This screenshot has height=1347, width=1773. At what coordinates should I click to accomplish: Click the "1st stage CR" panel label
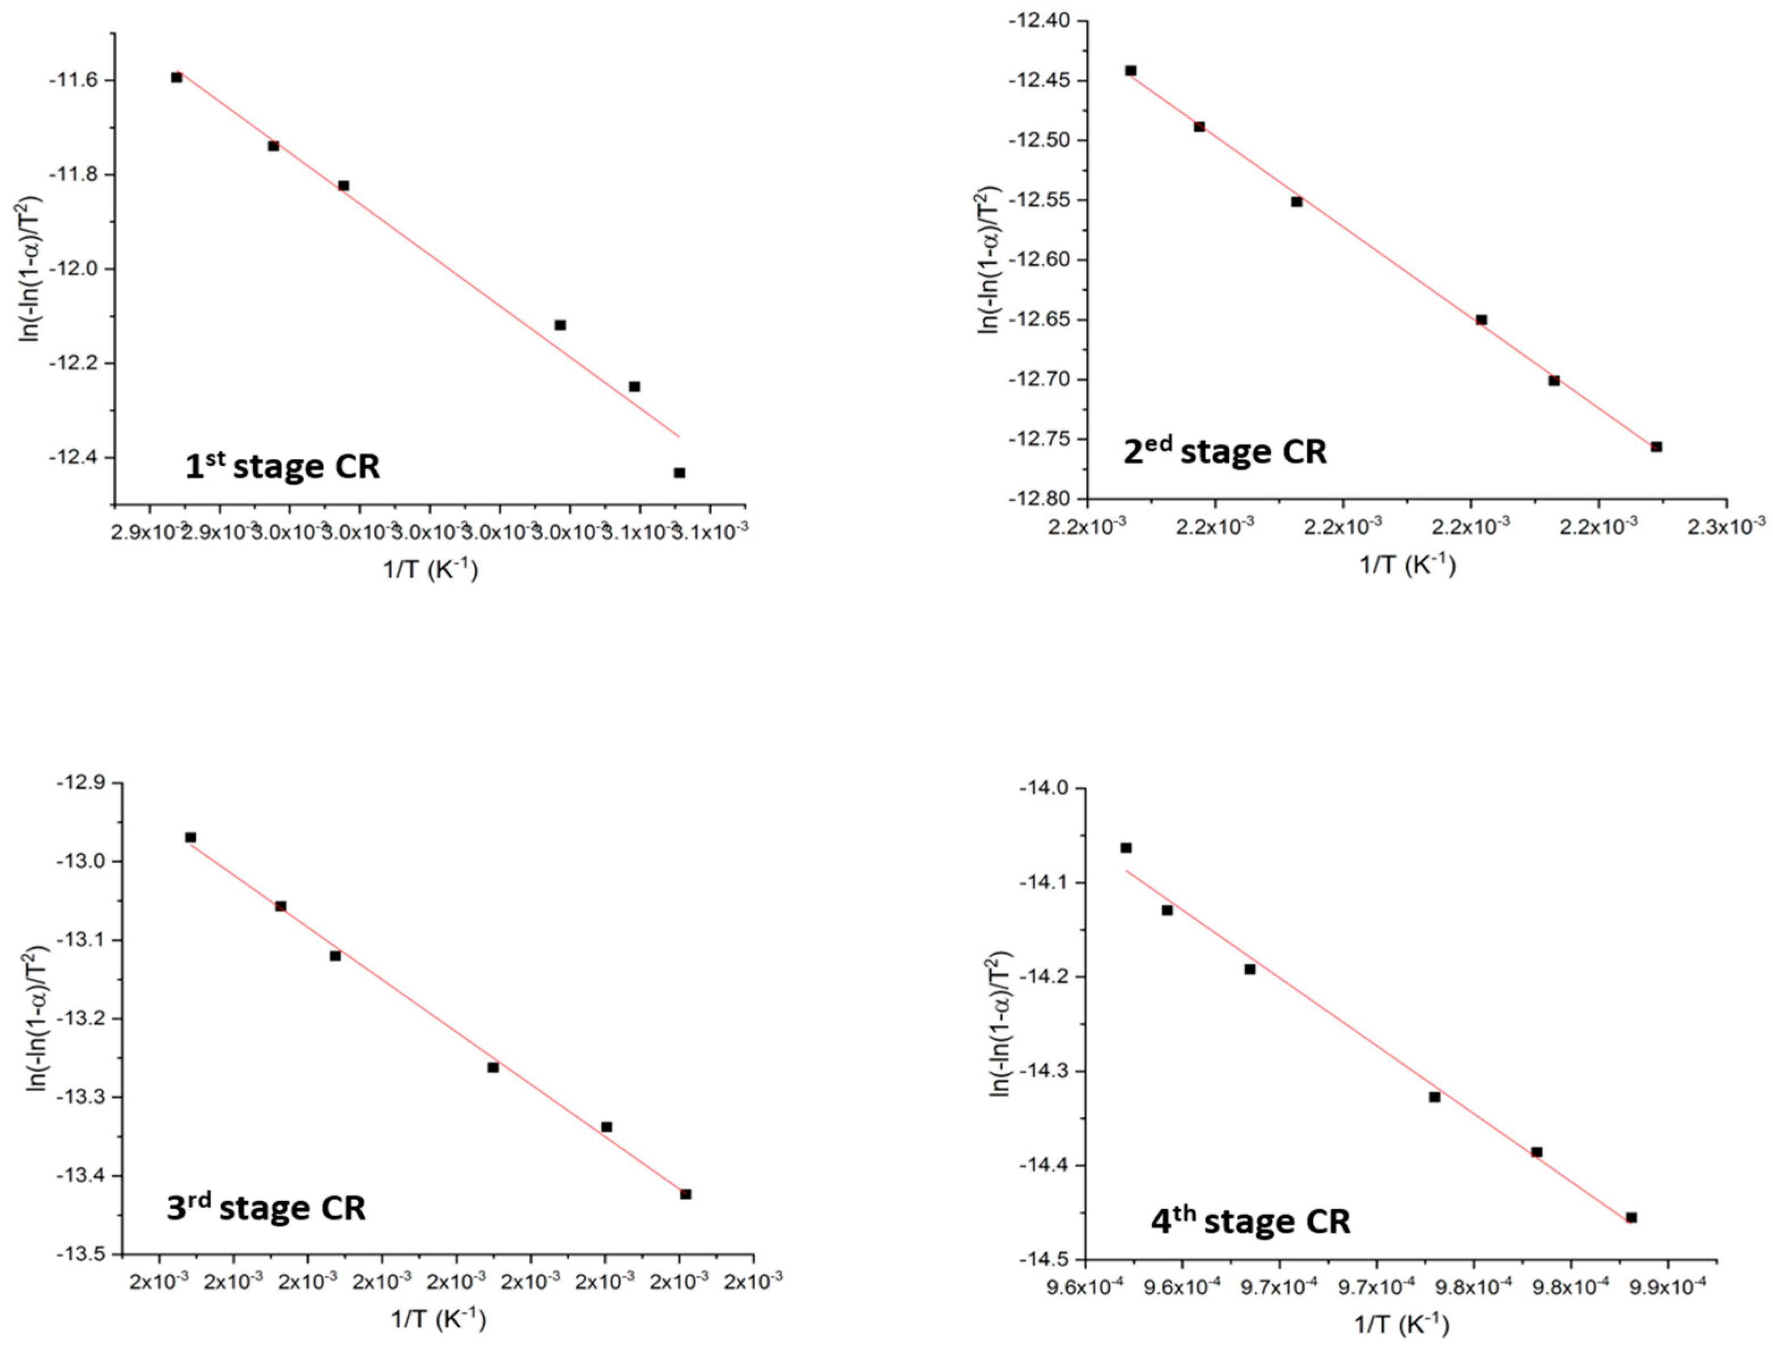[x=282, y=467]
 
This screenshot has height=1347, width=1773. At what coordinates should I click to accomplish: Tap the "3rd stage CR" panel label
[x=265, y=1207]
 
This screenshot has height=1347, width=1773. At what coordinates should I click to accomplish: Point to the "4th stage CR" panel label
[x=1250, y=1221]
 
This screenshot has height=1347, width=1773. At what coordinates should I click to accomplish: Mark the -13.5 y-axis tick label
[x=79, y=1255]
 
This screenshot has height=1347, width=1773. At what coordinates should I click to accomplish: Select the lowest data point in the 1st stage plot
[x=679, y=472]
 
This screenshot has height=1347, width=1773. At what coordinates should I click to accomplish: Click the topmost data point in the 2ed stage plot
[x=1130, y=70]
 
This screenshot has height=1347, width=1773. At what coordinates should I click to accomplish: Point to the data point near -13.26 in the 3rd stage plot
[x=493, y=1067]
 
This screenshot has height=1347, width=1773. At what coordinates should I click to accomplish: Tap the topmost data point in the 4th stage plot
[x=1125, y=847]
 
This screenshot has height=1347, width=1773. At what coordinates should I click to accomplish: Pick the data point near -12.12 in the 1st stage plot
[x=560, y=325]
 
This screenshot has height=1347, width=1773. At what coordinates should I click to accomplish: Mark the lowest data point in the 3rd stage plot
[x=685, y=1194]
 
